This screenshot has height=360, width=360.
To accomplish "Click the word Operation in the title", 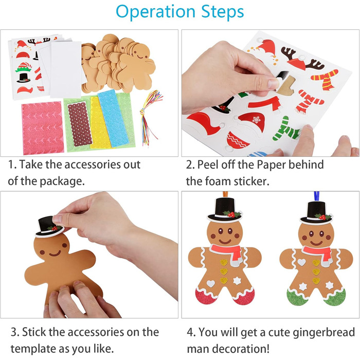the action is (x=156, y=12).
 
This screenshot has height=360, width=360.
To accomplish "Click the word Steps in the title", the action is (x=223, y=11).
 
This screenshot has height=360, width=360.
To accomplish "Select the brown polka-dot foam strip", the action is (x=80, y=124).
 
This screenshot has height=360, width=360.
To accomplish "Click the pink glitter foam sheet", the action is (x=43, y=128).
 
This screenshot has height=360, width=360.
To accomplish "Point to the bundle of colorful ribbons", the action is (x=150, y=117).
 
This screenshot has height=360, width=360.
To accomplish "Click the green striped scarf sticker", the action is (x=286, y=129).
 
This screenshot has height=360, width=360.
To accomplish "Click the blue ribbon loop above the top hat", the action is (x=317, y=197).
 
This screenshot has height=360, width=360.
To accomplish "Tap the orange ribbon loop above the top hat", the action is (x=225, y=194).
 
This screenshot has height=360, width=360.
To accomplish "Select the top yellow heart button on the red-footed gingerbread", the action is (x=224, y=262).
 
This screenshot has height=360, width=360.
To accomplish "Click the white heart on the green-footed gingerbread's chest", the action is (x=301, y=262).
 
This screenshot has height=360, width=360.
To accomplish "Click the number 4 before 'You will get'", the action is (x=190, y=332).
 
